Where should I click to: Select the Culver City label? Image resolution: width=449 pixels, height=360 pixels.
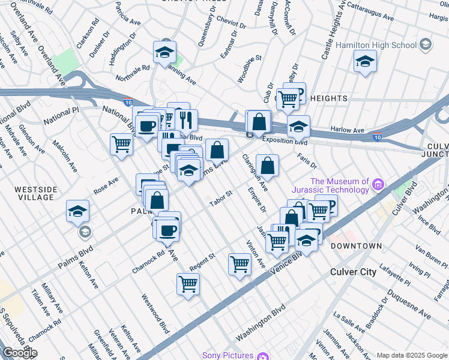[354, 272]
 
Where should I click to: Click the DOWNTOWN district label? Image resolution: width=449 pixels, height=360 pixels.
[356, 246]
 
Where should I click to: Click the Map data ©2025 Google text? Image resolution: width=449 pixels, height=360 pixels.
[411, 355]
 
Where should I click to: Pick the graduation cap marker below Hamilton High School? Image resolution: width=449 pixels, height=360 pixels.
[365, 61]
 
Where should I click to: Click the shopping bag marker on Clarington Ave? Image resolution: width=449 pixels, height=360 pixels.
[267, 164]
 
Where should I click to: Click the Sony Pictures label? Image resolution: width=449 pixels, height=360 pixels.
[228, 355]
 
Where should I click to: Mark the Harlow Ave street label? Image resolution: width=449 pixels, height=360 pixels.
[351, 130]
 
